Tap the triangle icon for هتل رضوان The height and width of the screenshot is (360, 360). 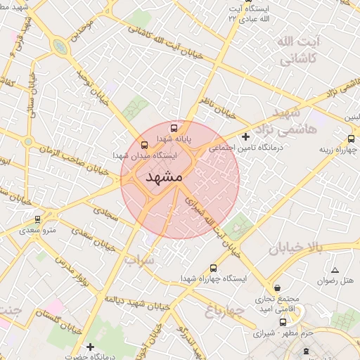click(x=335, y=270)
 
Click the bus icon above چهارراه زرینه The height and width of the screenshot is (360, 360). click(x=350, y=139)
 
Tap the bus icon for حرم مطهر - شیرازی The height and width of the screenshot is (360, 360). click(x=283, y=323)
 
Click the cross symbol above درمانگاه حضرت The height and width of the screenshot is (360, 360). click(x=90, y=347)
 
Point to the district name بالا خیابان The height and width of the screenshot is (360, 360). click(x=294, y=247)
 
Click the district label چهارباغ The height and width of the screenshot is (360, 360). click(x=224, y=309)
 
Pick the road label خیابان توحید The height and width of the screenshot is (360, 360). click(x=91, y=91)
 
